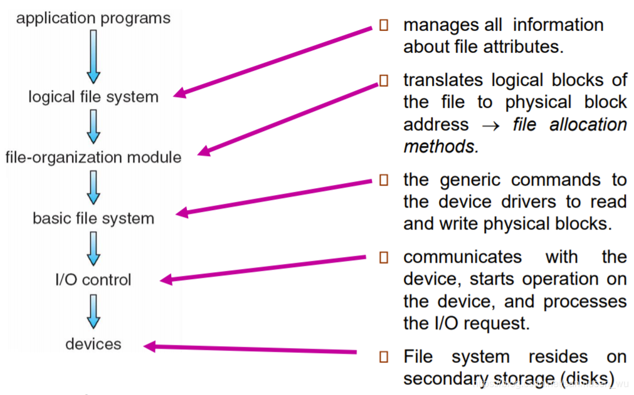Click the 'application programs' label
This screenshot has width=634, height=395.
coord(93,18)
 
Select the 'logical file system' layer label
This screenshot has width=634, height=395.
coord(93,97)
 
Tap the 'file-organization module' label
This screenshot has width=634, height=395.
coord(93,157)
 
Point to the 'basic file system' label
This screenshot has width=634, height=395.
coord(93,218)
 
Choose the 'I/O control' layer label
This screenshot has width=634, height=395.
coord(93,279)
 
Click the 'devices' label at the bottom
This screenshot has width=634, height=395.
coord(93,344)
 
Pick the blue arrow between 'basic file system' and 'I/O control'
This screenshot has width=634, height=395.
coord(93,248)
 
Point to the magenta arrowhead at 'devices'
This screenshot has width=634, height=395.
coord(151,345)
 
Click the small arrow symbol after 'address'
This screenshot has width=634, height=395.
coord(490,125)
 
